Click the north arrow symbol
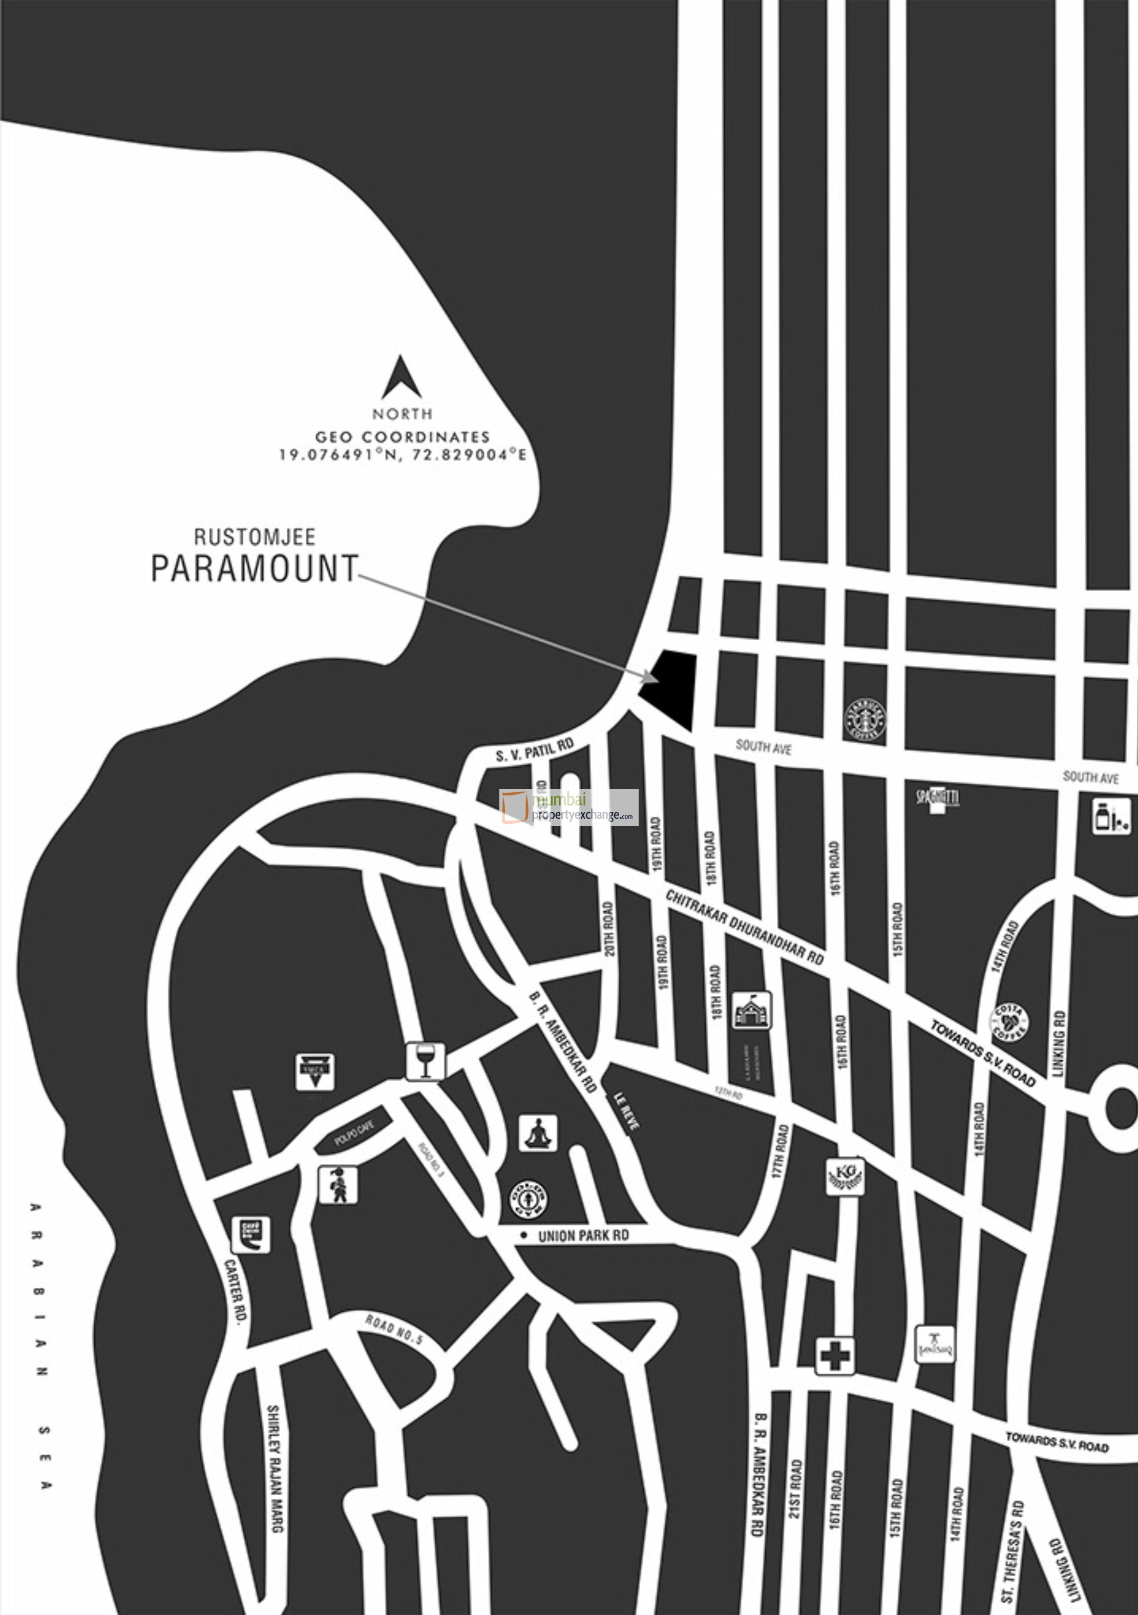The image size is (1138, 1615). point(402,377)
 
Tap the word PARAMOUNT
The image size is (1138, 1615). point(255,569)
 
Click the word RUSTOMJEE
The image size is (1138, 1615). point(255,537)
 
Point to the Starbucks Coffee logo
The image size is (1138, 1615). point(865,718)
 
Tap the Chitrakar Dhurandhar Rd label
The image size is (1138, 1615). point(744,927)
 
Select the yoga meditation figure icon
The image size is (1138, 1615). point(538,1133)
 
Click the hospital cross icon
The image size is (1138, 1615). point(835,1355)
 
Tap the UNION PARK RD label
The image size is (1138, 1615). point(583,1236)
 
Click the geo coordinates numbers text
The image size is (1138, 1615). point(403,454)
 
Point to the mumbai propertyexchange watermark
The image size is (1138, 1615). point(569,807)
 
